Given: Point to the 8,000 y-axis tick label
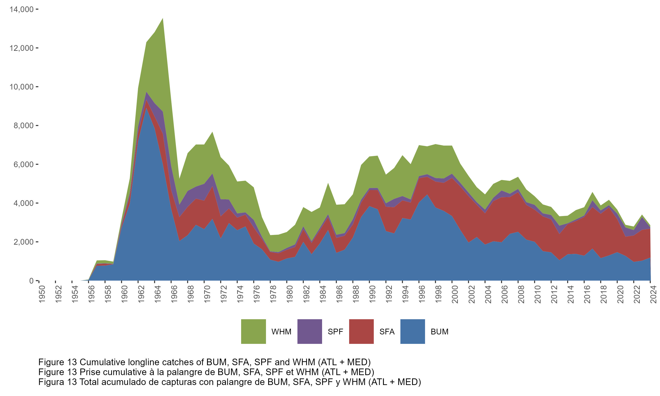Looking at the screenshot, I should [24, 126].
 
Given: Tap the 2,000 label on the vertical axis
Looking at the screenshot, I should [24, 242].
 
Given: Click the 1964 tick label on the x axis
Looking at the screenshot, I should [158, 294].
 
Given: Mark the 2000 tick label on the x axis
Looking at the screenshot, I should [455, 294].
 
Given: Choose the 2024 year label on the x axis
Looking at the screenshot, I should [653, 294].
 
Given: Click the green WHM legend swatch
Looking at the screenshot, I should [253, 331].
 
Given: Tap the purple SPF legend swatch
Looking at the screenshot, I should [310, 331].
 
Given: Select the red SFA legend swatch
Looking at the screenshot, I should [361, 331].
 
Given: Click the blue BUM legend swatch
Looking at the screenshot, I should [413, 331].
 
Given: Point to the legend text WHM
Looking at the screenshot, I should [281, 332].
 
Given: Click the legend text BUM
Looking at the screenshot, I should [440, 332].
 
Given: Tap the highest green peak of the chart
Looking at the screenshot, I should [163, 19].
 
